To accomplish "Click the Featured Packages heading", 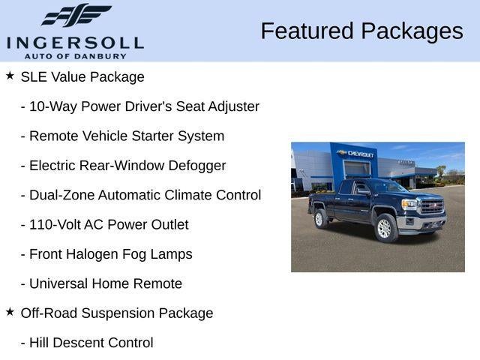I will tap(361, 31).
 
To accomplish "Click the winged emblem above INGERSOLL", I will tap(76, 16).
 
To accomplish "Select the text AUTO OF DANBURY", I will tap(75, 56).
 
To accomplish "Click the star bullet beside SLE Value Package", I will tap(10, 76).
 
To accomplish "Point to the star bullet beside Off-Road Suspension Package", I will tap(10, 312).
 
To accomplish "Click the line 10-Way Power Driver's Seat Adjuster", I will tap(140, 106).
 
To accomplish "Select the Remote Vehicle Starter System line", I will tap(122, 136).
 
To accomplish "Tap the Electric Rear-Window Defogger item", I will tap(123, 166).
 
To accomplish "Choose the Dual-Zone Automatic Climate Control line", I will tap(141, 195).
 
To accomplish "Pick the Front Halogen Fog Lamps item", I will tap(106, 254).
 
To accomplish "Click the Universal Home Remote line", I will tap(101, 283).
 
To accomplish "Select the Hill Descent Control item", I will tap(87, 343).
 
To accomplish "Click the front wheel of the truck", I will tap(385, 229).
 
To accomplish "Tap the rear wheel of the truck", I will tap(320, 218).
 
